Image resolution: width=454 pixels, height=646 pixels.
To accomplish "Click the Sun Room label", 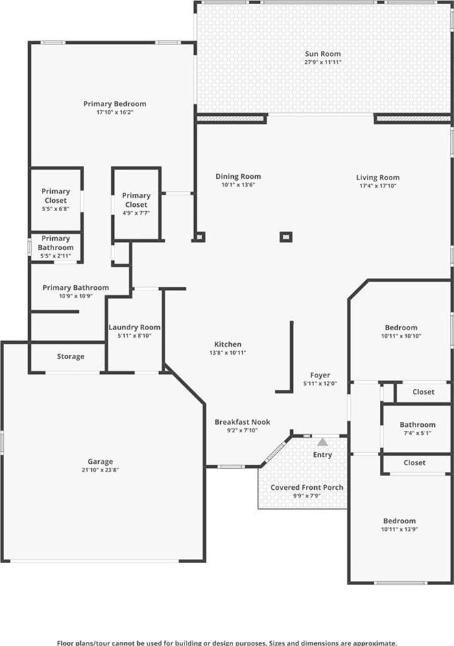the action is pyautogui.click(x=323, y=53).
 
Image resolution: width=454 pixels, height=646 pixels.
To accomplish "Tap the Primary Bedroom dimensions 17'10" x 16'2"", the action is pyautogui.click(x=115, y=112).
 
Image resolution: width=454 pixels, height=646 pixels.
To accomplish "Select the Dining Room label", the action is pyautogui.click(x=239, y=176).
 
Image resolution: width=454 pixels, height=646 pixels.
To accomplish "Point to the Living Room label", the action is pyautogui.click(x=378, y=177).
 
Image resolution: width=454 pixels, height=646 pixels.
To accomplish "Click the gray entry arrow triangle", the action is pyautogui.click(x=322, y=442).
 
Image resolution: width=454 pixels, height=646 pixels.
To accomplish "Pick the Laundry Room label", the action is pyautogui.click(x=134, y=327).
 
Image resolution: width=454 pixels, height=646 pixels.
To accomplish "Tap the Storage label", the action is pyautogui.click(x=71, y=356).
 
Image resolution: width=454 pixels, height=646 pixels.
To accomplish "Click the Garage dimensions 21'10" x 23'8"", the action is pyautogui.click(x=100, y=470).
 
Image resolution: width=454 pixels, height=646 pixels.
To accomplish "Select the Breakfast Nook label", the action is pyautogui.click(x=243, y=422).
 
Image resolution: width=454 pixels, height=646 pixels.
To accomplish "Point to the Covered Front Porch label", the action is pyautogui.click(x=307, y=487).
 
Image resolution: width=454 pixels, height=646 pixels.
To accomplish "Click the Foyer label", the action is pyautogui.click(x=320, y=375).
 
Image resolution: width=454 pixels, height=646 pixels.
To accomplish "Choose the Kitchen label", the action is pyautogui.click(x=228, y=345).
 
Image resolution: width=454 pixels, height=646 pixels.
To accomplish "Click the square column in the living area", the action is pyautogui.click(x=286, y=237).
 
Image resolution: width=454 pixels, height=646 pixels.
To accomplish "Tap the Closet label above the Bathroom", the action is pyautogui.click(x=424, y=392).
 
